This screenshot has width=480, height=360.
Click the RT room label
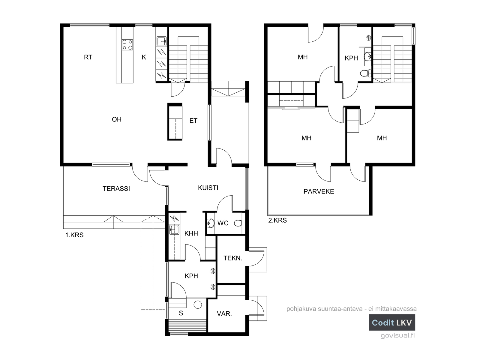88,57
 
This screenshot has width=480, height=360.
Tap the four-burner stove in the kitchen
127,45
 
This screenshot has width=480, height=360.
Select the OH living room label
117,119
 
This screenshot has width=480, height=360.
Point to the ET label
193,121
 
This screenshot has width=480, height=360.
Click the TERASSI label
116,189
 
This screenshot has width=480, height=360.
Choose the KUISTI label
208,188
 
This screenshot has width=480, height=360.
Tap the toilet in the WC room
238,223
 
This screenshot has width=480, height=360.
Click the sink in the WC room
211,223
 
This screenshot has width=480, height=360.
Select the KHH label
191,233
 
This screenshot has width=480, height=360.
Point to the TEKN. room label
233,258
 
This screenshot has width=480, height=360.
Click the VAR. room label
224,314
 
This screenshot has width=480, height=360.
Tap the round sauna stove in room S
198,305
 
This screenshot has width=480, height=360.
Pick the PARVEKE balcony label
319,191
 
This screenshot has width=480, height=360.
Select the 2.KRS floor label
277,220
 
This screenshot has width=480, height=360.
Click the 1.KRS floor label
74,235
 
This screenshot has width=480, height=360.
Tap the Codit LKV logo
392,322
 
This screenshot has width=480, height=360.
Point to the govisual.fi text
397,335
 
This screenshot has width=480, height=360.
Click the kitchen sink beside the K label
162,41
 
